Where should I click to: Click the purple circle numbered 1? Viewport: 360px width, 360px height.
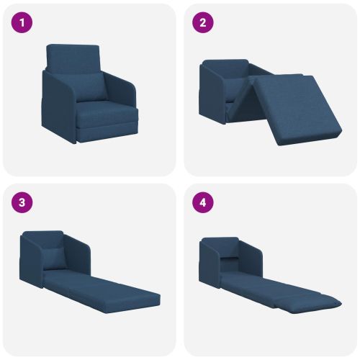(22, 23)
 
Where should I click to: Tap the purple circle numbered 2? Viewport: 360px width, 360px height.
(203, 23)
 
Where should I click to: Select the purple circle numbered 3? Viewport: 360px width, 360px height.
(22, 202)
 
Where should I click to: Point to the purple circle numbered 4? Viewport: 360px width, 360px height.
(203, 202)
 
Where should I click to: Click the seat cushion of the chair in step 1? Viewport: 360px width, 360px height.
(107, 115)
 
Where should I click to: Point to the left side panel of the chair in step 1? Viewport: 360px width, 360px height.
(59, 107)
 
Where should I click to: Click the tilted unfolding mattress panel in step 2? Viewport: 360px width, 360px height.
(297, 110)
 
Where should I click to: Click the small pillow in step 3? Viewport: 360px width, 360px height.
(55, 258)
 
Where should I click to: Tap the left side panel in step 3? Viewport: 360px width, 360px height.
(32, 261)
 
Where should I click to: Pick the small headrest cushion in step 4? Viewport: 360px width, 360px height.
(229, 258)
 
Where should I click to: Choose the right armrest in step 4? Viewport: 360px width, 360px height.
(251, 259)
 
